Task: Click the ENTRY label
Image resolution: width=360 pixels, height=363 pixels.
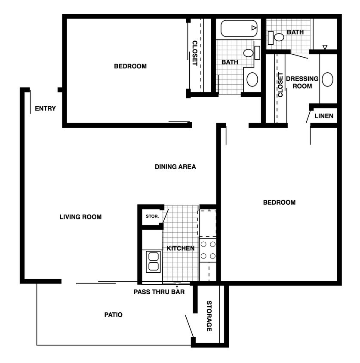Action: pos(45,108)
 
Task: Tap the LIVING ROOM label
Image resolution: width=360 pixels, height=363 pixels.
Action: pos(80,217)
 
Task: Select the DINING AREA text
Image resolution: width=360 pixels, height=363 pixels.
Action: pos(175,166)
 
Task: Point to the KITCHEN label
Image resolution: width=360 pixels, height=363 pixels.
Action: pos(181,248)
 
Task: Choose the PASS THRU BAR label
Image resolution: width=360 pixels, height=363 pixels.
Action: pos(159,292)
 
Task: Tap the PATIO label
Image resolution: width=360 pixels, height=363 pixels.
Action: pos(114,315)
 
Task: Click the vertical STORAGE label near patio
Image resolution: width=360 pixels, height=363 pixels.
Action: pos(209,316)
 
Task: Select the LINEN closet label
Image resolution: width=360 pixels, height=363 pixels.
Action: pos(323,116)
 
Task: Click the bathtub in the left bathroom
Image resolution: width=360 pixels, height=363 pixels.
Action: pos(239,28)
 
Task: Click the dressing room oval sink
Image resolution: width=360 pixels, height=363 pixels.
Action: pos(327,80)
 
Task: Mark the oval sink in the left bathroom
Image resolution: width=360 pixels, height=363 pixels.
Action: pos(252,80)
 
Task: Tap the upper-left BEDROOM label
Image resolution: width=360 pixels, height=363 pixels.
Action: pos(130,66)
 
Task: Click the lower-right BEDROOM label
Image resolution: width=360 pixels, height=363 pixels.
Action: pos(279,202)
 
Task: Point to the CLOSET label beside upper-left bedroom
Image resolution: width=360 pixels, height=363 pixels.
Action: pos(194,53)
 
